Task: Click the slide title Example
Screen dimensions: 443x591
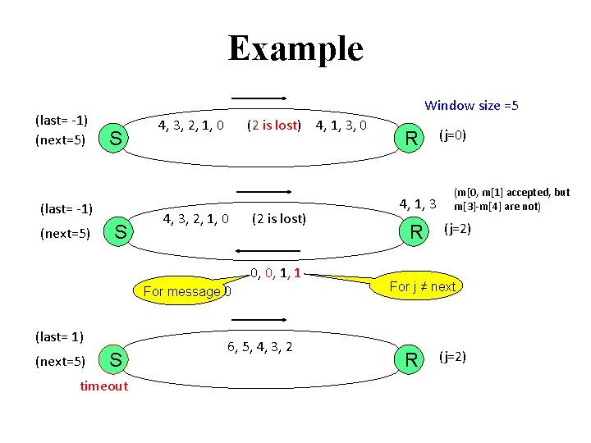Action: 295,48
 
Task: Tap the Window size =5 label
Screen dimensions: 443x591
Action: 471,105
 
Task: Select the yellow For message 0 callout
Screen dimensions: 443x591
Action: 186,290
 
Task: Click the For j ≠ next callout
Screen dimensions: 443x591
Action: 422,286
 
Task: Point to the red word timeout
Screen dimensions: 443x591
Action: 104,386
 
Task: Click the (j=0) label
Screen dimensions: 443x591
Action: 453,135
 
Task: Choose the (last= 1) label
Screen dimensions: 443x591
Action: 60,336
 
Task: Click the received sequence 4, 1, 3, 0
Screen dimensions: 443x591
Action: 341,126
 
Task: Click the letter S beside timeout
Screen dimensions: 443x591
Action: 116,359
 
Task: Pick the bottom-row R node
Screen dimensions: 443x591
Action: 408,359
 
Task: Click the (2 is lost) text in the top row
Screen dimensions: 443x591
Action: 275,126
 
